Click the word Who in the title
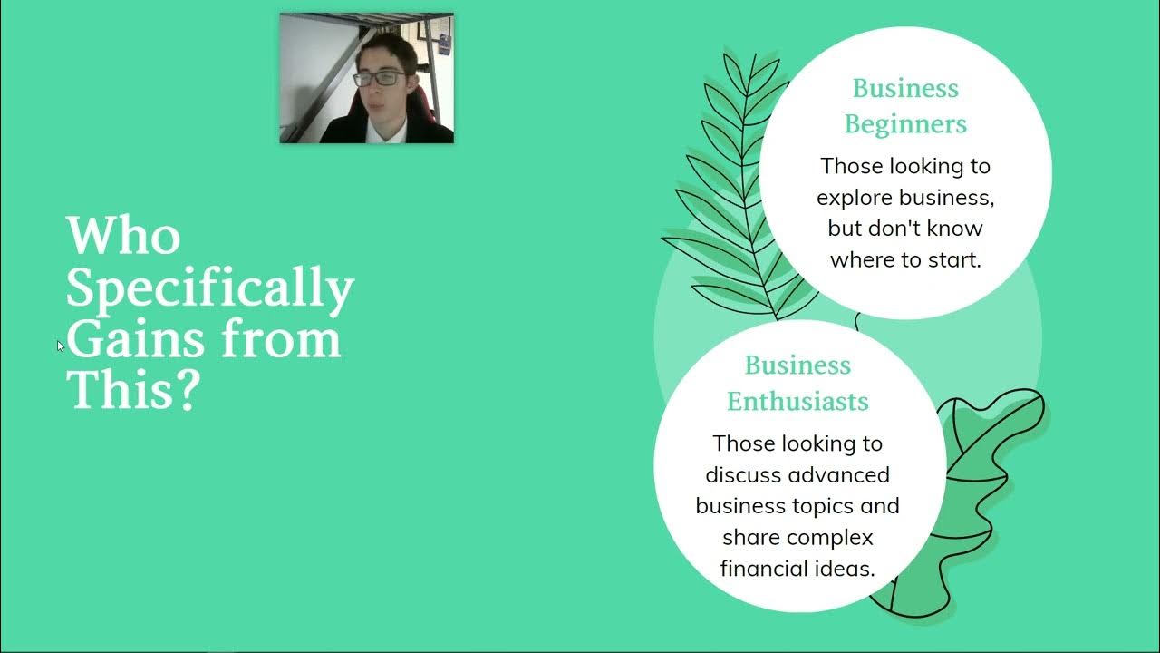123,235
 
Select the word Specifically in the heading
209,289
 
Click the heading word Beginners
905,124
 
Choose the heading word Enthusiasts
797,401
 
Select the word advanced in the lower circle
839,474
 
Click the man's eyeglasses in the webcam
380,79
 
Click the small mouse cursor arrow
60,346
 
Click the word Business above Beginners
905,89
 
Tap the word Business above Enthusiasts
797,365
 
